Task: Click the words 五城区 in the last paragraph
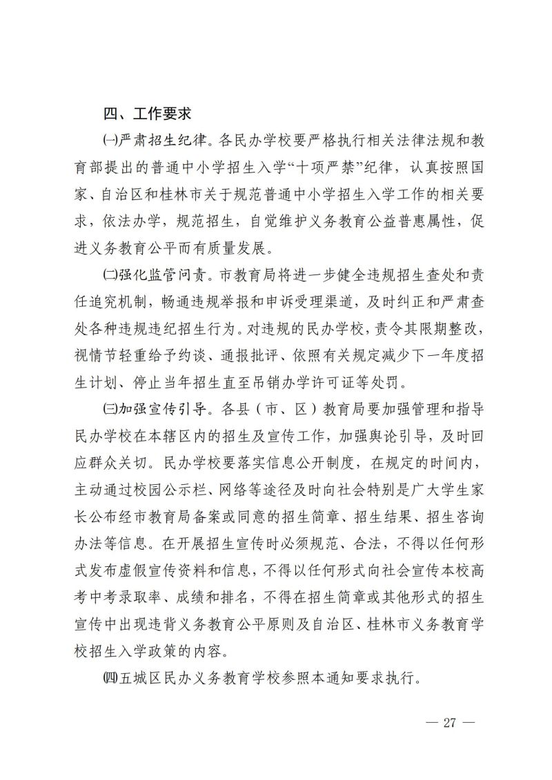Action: (x=138, y=677)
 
